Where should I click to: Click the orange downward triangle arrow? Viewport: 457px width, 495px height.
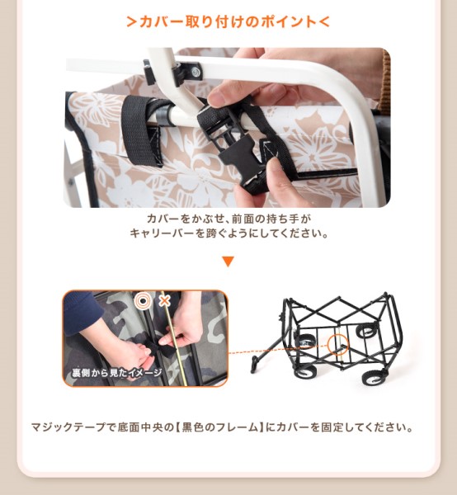(228, 262)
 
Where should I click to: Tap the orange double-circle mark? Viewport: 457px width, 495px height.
(143, 301)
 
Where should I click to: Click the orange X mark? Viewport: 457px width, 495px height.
(164, 301)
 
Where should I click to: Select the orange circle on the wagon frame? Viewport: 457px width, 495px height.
(338, 344)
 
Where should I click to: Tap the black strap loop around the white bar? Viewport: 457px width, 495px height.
(141, 130)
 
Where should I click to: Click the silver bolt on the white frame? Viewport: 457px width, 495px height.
(196, 73)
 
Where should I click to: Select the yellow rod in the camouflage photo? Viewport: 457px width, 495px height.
(174, 338)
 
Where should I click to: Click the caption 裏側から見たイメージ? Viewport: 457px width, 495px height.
(116, 373)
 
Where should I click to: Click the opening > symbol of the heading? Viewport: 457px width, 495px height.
(132, 21)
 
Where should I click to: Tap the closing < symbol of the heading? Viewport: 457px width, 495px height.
(324, 21)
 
